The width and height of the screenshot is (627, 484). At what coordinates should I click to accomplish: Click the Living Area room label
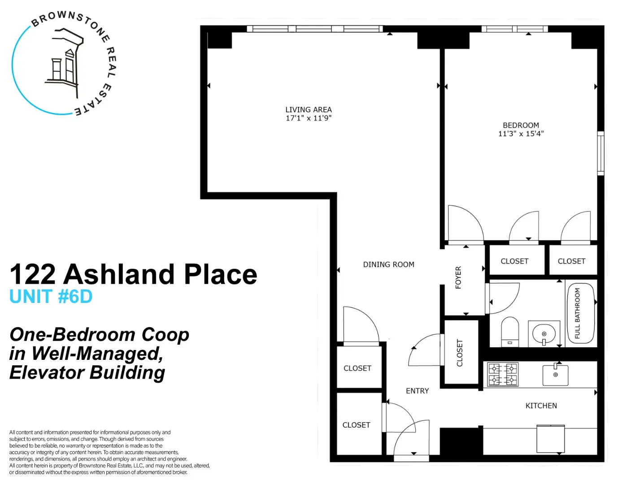(x=308, y=109)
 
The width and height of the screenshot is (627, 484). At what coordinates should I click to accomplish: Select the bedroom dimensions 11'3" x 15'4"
(x=521, y=134)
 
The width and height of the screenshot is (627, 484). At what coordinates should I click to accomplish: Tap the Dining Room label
(x=388, y=264)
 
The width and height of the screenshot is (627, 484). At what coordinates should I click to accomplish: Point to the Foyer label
(x=458, y=277)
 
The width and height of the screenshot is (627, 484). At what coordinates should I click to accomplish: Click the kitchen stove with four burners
(x=503, y=374)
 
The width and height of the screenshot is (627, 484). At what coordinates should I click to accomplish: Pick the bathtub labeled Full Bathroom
(x=581, y=313)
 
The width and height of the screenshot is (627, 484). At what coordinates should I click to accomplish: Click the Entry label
(x=417, y=391)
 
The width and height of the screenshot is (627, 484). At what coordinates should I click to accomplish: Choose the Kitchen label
(x=541, y=406)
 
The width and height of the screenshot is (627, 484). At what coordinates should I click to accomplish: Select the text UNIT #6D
(x=51, y=297)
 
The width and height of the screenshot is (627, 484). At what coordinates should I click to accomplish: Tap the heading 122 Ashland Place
(x=133, y=274)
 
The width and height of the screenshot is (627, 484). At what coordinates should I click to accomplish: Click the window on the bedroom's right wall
(x=600, y=153)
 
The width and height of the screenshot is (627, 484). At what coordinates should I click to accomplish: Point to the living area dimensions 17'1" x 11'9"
(x=308, y=118)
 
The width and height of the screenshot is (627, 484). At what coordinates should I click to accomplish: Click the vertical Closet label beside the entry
(x=459, y=353)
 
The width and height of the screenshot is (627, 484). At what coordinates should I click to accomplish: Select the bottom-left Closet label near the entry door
(x=356, y=425)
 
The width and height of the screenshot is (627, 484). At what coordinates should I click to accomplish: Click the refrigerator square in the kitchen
(x=550, y=439)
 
